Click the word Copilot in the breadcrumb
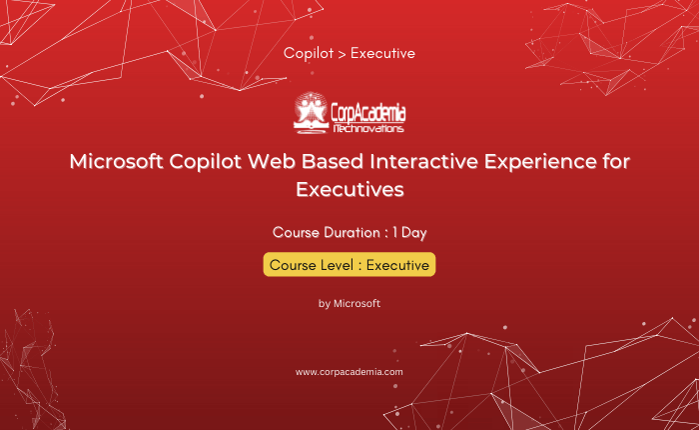tap(309, 53)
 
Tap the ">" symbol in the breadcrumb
tap(342, 54)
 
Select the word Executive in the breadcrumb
tap(382, 53)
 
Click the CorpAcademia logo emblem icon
tap(312, 113)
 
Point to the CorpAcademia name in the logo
tap(368, 113)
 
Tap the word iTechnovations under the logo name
tap(368, 129)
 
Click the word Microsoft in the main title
tap(117, 161)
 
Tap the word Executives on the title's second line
tap(349, 189)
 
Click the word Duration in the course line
tap(352, 233)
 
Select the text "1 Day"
tap(409, 233)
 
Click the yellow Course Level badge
tap(349, 265)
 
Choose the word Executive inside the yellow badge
tap(397, 265)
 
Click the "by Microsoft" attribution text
tap(349, 304)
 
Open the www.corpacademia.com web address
tap(349, 372)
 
